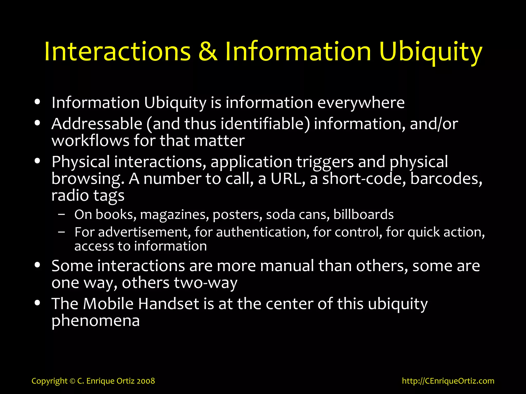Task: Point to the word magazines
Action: (x=174, y=214)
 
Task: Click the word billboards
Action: (x=363, y=214)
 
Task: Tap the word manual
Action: (x=287, y=266)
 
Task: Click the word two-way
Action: (x=205, y=283)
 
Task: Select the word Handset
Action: (x=168, y=304)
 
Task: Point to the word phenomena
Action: (x=96, y=321)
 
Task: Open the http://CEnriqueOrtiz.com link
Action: (x=448, y=381)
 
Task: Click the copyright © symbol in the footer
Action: (x=72, y=381)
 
